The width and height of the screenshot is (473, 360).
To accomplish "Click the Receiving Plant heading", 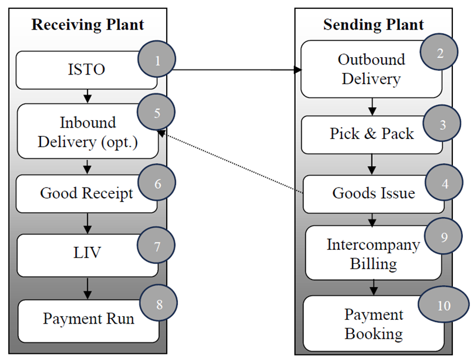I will click(87, 25).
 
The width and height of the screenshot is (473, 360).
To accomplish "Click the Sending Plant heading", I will click(373, 25).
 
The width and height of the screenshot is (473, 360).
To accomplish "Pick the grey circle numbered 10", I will click(443, 306).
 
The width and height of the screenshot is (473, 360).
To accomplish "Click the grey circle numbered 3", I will click(442, 124).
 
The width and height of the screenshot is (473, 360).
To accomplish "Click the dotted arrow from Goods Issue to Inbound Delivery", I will click(231, 163).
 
